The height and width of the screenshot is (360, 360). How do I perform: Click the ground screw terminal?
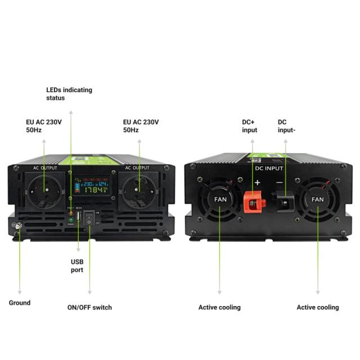coord(17,226)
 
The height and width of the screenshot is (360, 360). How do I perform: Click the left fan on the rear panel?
coord(219,199)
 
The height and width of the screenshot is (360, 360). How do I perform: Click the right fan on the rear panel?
coord(318,199)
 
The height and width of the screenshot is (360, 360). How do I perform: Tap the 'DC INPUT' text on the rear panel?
coord(269,168)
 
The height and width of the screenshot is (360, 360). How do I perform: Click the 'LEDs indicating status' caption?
coord(69,94)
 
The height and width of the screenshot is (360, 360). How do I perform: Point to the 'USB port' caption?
coord(77,265)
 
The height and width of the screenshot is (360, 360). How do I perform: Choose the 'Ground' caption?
coord(20,303)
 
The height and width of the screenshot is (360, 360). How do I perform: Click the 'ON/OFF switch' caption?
coord(89,307)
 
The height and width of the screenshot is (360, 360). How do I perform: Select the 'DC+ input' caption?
coord(250,126)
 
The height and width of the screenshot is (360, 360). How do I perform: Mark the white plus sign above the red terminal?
coord(258,182)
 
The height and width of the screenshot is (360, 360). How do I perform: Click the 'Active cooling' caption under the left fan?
coord(219,307)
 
